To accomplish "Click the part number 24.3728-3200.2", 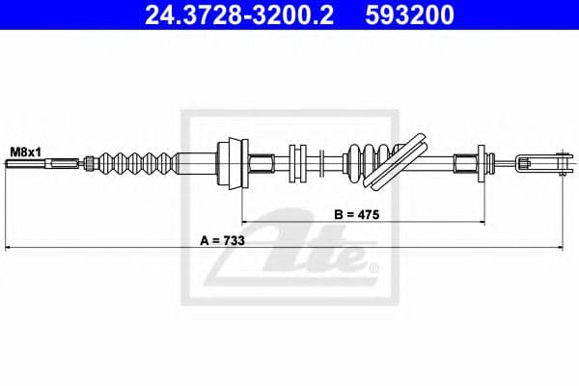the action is pos(239,15).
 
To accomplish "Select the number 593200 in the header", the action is pos(409,15).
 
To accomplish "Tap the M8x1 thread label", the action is pos(25,152).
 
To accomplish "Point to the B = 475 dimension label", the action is pos(357,214).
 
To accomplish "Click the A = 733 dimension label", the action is pos(222,241).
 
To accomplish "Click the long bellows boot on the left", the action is pos(137,163).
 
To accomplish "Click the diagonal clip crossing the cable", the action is pos(395,162).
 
